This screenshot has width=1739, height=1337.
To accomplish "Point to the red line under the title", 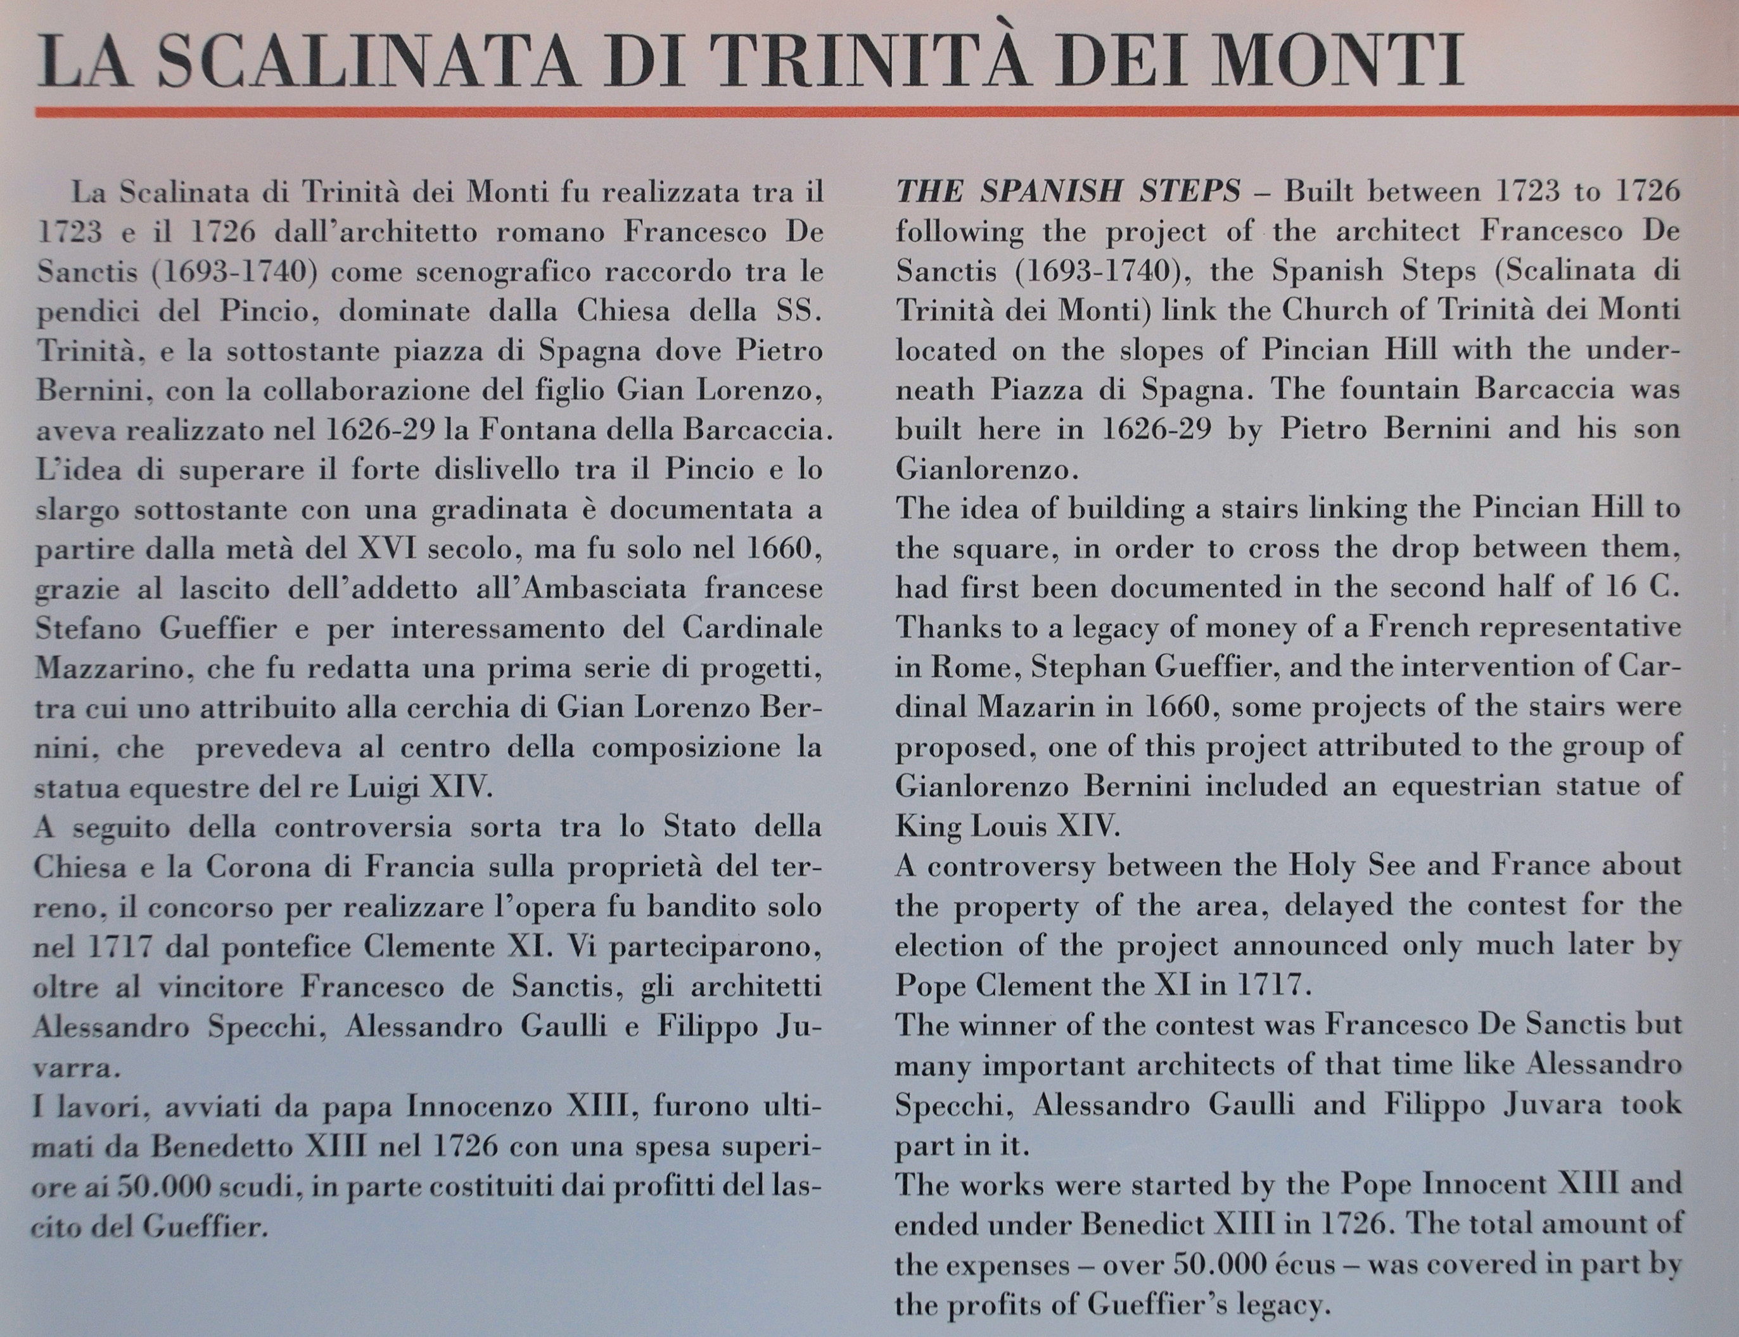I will tap(876, 112).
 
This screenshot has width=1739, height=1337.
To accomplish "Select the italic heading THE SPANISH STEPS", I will tap(1068, 192).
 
